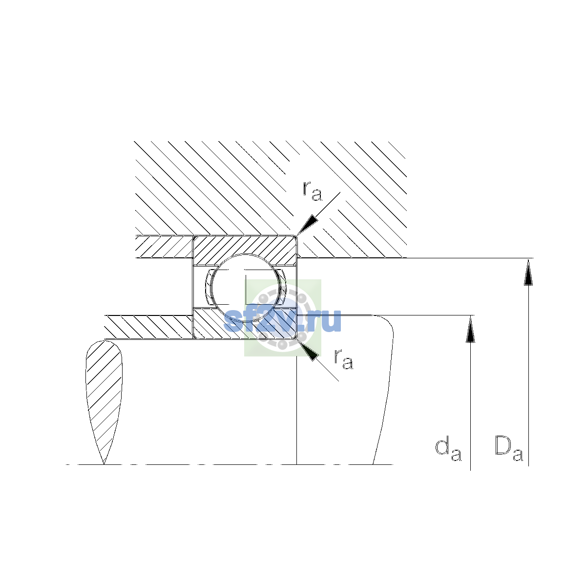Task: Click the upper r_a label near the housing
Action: click(x=312, y=191)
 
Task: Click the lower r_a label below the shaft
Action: click(x=344, y=359)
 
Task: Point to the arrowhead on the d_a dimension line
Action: click(x=470, y=329)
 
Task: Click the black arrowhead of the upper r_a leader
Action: click(x=307, y=225)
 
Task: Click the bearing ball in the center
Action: click(x=246, y=287)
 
